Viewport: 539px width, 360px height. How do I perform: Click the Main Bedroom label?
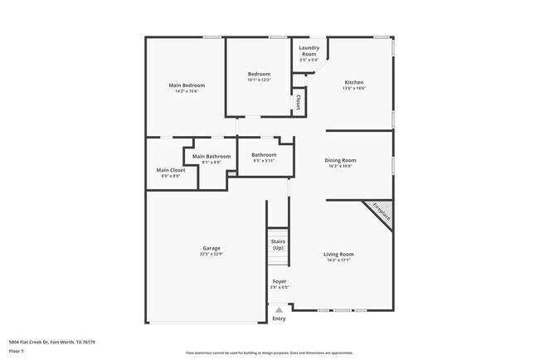tap(187, 85)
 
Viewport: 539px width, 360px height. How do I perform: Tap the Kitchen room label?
tap(354, 82)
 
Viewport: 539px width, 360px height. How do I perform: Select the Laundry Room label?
tap(308, 51)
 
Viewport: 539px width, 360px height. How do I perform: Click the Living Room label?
tap(338, 254)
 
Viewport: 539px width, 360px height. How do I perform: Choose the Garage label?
tap(211, 248)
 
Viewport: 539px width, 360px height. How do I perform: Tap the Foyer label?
tap(279, 281)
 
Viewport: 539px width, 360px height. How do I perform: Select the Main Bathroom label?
tap(211, 157)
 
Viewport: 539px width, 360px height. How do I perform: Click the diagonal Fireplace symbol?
tap(381, 212)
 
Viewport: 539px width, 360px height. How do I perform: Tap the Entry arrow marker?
tap(279, 309)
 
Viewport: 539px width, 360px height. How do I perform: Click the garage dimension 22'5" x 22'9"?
tap(211, 254)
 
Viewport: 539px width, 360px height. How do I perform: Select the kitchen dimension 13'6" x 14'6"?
tap(354, 88)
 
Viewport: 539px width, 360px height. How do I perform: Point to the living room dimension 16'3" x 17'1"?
tap(338, 260)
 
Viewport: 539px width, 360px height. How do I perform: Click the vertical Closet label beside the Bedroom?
tap(297, 102)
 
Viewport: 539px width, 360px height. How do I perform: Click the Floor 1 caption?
tap(17, 353)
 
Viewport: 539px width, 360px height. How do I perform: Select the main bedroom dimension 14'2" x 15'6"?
tap(187, 91)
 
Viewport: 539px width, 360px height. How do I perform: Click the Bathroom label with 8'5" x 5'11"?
tap(264, 154)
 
